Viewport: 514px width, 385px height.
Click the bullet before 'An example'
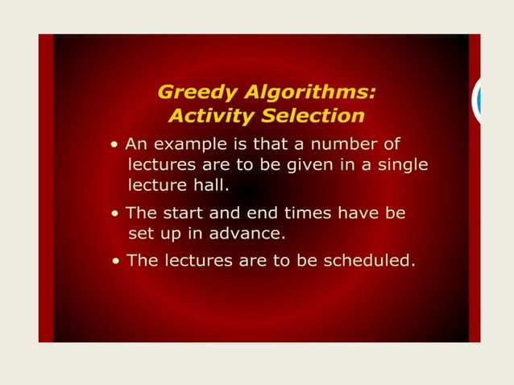pyautogui.click(x=117, y=145)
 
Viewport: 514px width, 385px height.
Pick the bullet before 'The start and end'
pyautogui.click(x=117, y=214)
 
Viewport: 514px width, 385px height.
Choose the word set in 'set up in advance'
pyautogui.click(x=141, y=234)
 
